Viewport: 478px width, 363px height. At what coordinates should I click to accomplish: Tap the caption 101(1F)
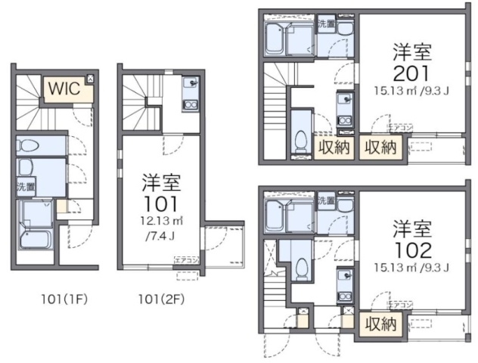coord(65,298)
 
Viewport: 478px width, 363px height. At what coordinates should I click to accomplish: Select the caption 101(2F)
coord(160,298)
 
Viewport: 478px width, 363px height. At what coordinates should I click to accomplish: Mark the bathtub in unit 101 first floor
coord(34,241)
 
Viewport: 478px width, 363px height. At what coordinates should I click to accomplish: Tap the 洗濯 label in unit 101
coord(24,185)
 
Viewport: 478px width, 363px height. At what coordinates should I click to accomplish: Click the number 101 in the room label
coord(160,203)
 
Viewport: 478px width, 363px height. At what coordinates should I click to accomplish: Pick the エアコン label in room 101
coord(186,260)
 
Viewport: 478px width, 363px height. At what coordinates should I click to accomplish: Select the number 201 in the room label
coord(411,73)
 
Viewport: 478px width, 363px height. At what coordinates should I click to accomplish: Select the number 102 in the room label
coord(411,250)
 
